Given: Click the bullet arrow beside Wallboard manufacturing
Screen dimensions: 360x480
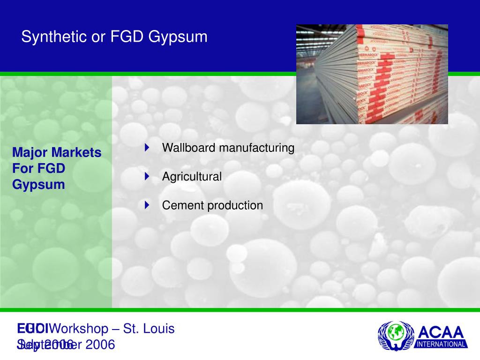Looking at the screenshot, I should point(147,148).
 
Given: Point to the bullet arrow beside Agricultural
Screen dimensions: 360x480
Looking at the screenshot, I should point(147,177).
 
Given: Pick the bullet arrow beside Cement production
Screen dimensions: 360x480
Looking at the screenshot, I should point(147,205).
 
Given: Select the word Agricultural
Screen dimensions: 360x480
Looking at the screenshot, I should point(192,177).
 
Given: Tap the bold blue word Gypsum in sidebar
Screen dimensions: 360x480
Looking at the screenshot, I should point(38,185).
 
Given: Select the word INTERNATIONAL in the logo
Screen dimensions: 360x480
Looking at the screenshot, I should point(442,344).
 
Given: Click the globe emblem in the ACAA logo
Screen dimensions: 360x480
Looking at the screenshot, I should point(396,334).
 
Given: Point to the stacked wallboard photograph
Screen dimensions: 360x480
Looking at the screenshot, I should point(372,74).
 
